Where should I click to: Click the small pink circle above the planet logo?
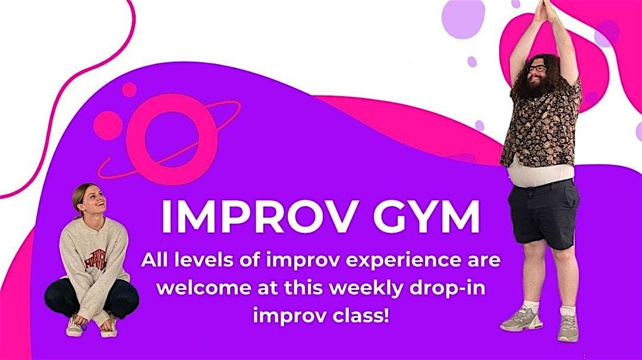tap(128, 90)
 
